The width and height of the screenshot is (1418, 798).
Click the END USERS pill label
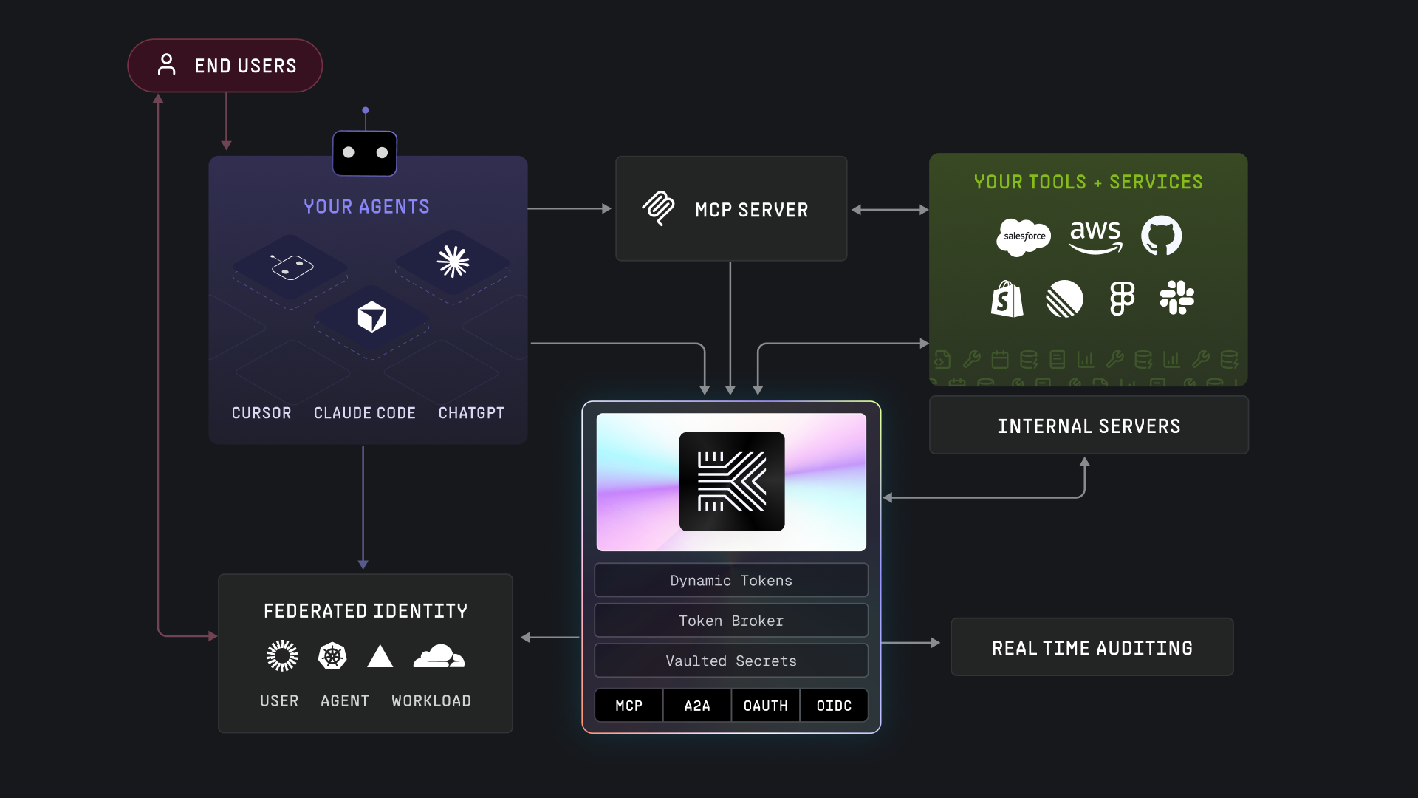(244, 66)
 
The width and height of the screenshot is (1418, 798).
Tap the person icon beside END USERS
(167, 65)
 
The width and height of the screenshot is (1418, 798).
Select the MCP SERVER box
(730, 209)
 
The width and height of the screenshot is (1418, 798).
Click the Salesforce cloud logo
(1023, 237)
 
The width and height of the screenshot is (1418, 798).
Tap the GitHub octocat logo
(1161, 236)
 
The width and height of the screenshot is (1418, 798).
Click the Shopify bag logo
(1007, 299)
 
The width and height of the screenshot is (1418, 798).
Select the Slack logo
(1176, 298)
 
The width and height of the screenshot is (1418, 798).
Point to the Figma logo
(1122, 299)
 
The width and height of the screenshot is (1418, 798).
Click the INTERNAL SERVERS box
(1089, 426)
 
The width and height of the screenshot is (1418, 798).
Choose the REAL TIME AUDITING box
(1092, 647)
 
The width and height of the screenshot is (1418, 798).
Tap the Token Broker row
(730, 621)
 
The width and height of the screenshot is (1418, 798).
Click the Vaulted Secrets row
(730, 661)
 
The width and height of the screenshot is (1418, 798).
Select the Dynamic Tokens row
(730, 581)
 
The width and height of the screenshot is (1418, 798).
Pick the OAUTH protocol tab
(765, 706)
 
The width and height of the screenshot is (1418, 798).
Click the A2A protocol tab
(696, 706)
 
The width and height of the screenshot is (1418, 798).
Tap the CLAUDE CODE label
(364, 413)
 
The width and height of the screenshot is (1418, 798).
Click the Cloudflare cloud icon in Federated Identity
(439, 656)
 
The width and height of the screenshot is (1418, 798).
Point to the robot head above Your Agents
(365, 153)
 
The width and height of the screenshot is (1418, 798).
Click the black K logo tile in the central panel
(731, 482)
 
